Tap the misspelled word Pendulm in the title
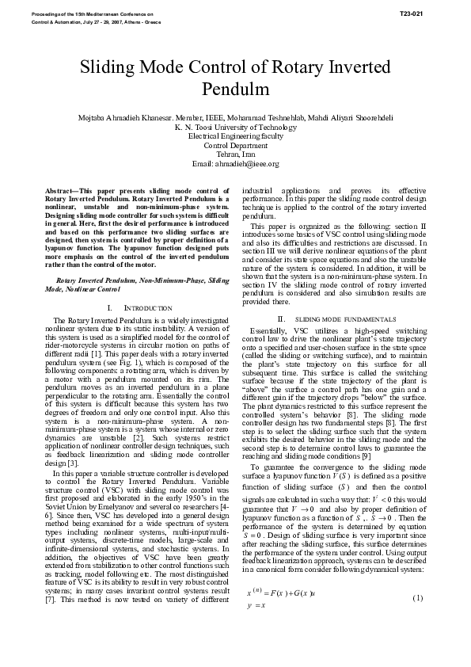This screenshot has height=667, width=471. pos(235,86)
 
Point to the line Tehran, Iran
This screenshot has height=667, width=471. pos(235,154)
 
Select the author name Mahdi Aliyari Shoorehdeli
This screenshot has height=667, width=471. pos(348,118)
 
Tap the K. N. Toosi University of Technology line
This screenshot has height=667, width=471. pos(235,128)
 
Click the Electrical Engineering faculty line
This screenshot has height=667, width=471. pos(235,136)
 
